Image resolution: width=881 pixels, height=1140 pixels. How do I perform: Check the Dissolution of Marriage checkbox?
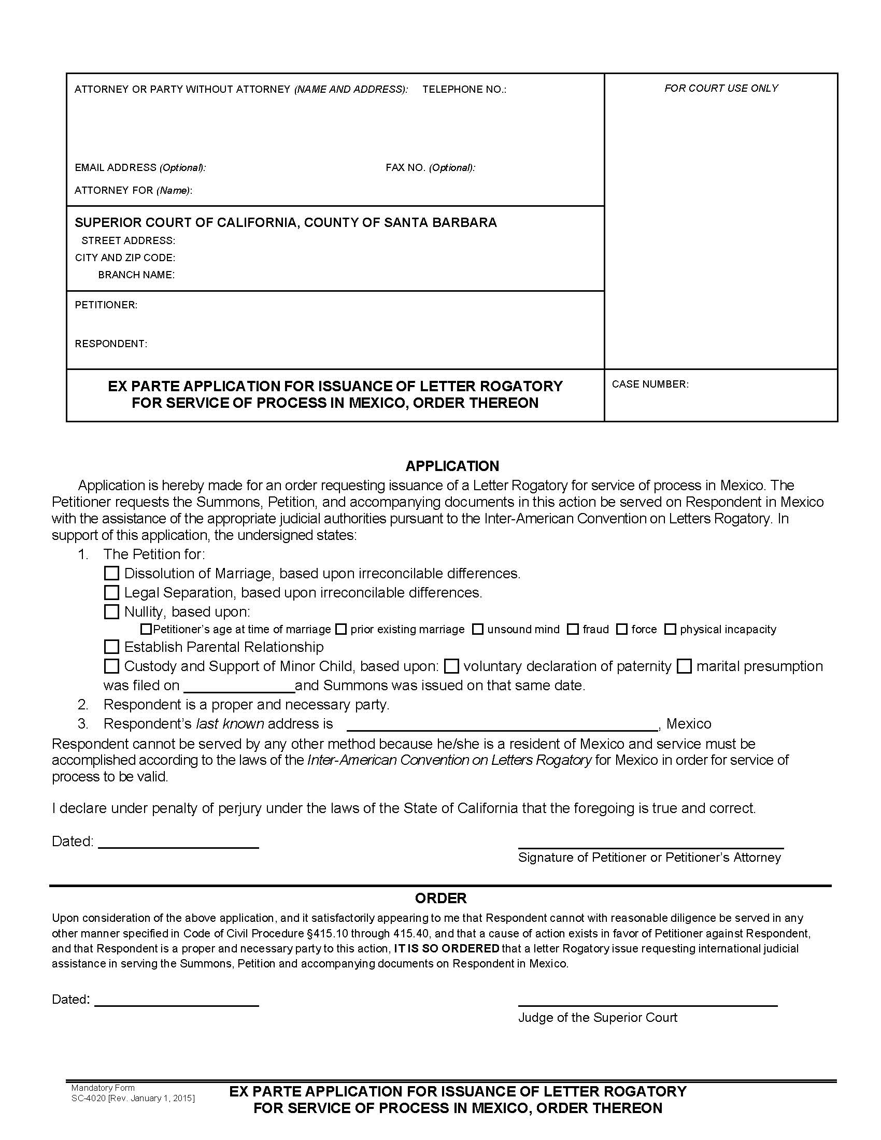pos(111,573)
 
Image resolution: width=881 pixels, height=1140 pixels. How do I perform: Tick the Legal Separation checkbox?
pos(111,592)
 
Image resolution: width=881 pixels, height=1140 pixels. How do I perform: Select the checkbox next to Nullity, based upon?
pos(111,611)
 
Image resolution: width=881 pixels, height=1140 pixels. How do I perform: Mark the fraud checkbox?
pos(573,629)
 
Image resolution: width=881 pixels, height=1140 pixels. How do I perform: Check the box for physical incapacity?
pos(670,629)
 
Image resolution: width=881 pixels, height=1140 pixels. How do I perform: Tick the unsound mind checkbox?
pos(477,629)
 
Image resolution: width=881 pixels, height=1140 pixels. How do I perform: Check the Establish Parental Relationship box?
pos(111,647)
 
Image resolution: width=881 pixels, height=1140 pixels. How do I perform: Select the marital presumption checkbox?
pos(684,666)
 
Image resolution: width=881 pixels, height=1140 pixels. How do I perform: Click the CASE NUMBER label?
pos(650,384)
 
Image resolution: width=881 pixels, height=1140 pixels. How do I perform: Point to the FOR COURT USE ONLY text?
pos(721,88)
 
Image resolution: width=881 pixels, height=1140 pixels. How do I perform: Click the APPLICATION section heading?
pos(452,466)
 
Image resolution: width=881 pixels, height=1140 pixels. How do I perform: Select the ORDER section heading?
pos(440,898)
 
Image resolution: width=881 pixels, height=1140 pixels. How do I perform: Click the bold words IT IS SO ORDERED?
pos(446,948)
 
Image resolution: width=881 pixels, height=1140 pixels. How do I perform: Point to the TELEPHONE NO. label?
pos(464,89)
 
